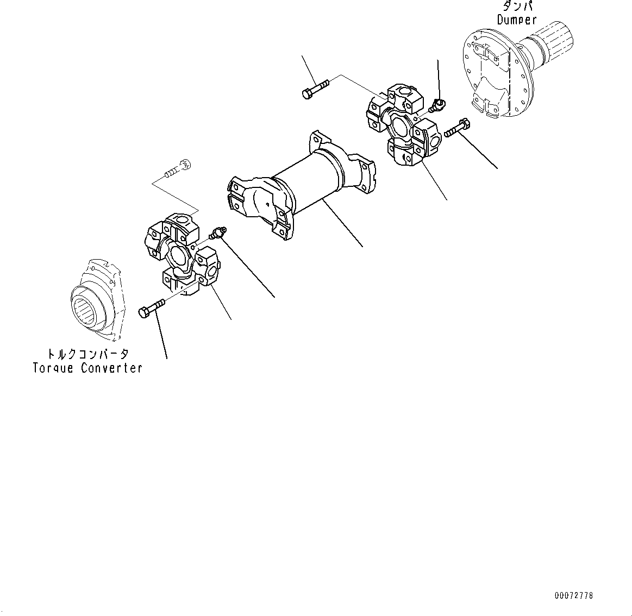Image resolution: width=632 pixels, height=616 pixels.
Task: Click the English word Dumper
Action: (x=517, y=20)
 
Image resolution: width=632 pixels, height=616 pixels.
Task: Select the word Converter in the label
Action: (x=112, y=368)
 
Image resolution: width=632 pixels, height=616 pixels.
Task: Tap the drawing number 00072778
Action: (x=574, y=596)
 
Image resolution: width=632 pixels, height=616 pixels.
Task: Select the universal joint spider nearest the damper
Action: (x=402, y=124)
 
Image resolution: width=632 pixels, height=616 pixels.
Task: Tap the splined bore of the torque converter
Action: (x=87, y=306)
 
